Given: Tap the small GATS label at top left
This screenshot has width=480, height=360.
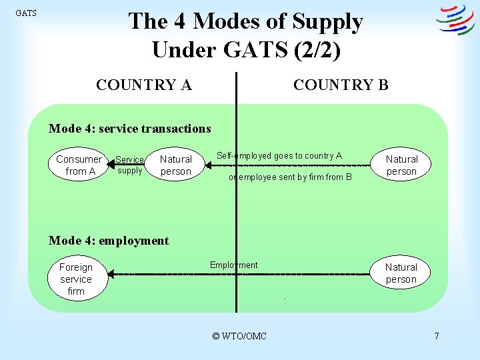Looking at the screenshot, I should click(x=26, y=13).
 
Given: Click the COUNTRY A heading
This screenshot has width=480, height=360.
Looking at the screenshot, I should click(x=143, y=85).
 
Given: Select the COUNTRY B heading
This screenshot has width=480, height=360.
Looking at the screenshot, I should click(x=341, y=85).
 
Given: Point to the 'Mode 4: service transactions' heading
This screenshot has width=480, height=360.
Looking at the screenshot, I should click(x=130, y=129).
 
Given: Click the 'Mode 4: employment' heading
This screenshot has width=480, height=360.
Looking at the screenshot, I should click(x=109, y=241).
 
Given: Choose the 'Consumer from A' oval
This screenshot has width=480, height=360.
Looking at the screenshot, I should click(x=79, y=165).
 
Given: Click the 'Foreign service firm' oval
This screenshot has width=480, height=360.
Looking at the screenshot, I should click(x=76, y=279).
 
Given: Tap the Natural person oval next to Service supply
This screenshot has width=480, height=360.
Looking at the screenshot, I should click(x=175, y=165).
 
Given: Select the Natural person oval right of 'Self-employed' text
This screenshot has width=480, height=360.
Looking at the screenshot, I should click(x=401, y=165).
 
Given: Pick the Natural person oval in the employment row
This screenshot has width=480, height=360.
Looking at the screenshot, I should click(x=401, y=273).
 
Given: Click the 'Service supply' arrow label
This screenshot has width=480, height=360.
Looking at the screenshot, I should click(x=129, y=165).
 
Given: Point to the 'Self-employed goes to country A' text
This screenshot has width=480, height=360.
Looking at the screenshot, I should click(x=279, y=156).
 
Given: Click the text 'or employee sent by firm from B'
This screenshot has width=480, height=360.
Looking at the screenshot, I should click(x=289, y=177).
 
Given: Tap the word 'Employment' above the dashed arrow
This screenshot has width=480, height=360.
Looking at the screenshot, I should click(x=233, y=265).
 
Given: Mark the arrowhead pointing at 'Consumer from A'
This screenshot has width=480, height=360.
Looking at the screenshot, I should click(x=111, y=165).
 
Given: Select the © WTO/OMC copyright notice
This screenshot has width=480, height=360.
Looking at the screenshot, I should click(x=239, y=336).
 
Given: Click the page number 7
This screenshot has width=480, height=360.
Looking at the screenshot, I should click(x=436, y=336).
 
